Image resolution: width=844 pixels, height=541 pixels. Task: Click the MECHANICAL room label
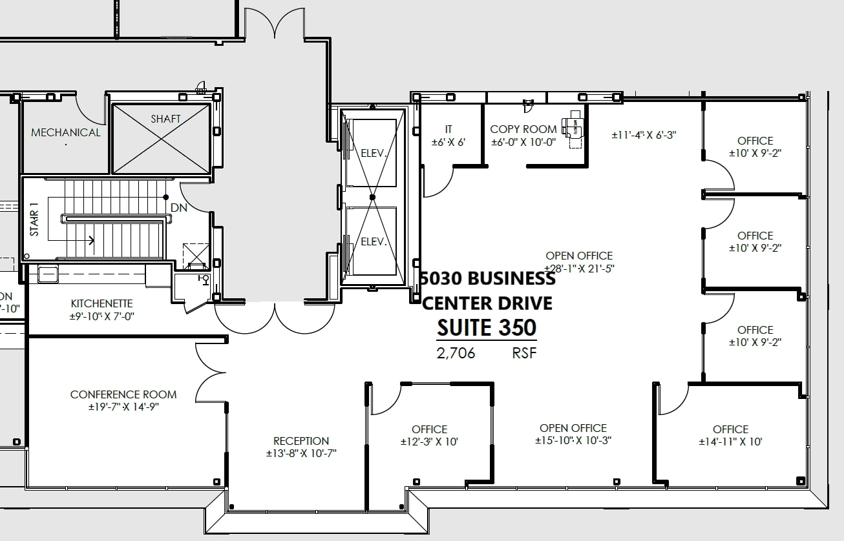pyautogui.click(x=66, y=132)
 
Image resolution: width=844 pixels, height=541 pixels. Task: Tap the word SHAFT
pyautogui.click(x=165, y=119)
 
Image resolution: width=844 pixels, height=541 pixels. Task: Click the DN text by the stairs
pyautogui.click(x=178, y=209)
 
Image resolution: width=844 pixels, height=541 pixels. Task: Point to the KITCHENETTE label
pyautogui.click(x=101, y=303)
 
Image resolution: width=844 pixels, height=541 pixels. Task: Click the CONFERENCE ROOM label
pyautogui.click(x=123, y=394)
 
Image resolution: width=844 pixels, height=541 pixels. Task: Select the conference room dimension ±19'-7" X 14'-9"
pyautogui.click(x=123, y=407)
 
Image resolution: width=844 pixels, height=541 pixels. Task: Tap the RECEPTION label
pyautogui.click(x=301, y=441)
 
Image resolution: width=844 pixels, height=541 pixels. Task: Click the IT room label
pyautogui.click(x=448, y=130)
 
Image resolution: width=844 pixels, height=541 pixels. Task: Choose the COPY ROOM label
pyautogui.click(x=523, y=129)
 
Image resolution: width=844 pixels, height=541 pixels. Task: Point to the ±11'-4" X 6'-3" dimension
pyautogui.click(x=644, y=135)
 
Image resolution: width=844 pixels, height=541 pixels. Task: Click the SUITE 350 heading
pyautogui.click(x=487, y=328)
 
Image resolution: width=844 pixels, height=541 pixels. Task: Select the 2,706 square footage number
pyautogui.click(x=456, y=353)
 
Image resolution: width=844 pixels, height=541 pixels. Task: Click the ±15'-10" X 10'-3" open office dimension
pyautogui.click(x=573, y=441)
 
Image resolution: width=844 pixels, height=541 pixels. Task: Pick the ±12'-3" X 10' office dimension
pyautogui.click(x=429, y=442)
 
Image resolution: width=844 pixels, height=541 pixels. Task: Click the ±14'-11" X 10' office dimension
pyautogui.click(x=730, y=442)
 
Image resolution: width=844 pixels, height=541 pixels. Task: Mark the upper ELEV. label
pyautogui.click(x=374, y=154)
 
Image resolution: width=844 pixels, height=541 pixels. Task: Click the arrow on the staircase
pyautogui.click(x=91, y=241)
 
